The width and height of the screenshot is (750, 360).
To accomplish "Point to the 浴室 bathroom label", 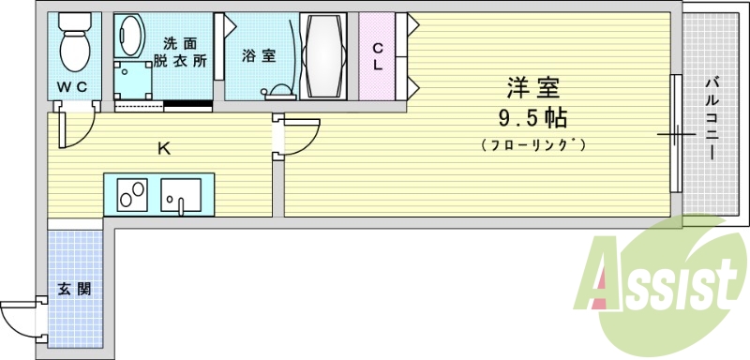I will [259, 55].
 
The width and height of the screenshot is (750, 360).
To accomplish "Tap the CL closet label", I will [377, 56].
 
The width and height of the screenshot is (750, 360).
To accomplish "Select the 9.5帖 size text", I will [532, 118].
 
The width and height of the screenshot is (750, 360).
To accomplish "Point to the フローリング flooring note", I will [532, 144].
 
